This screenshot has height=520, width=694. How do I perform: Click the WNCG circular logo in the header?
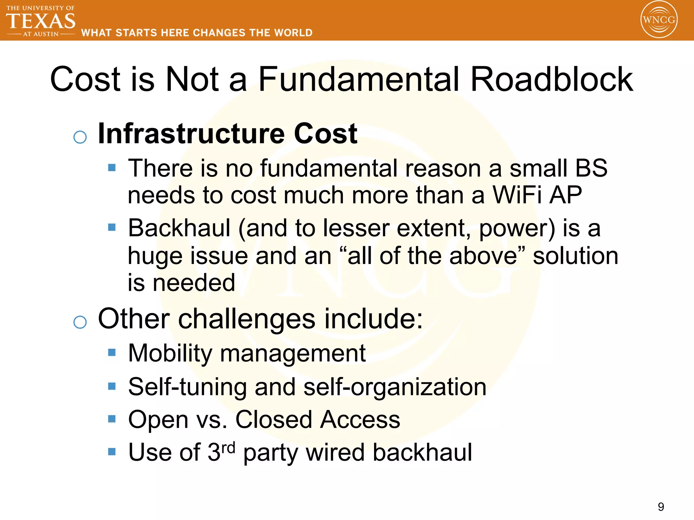[659, 20]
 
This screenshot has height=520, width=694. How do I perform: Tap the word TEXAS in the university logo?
[41, 21]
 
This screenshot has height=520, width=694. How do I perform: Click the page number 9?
[661, 507]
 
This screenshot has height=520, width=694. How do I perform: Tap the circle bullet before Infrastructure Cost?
[80, 137]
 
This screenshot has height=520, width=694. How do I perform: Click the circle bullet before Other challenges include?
[80, 322]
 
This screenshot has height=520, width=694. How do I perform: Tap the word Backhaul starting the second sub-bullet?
[179, 228]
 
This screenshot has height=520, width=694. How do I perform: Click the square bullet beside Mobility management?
[112, 353]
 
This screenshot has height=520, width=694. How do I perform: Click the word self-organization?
[395, 387]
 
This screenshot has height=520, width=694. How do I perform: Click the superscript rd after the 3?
[228, 448]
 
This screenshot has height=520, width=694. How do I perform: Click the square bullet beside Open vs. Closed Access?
[112, 419]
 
